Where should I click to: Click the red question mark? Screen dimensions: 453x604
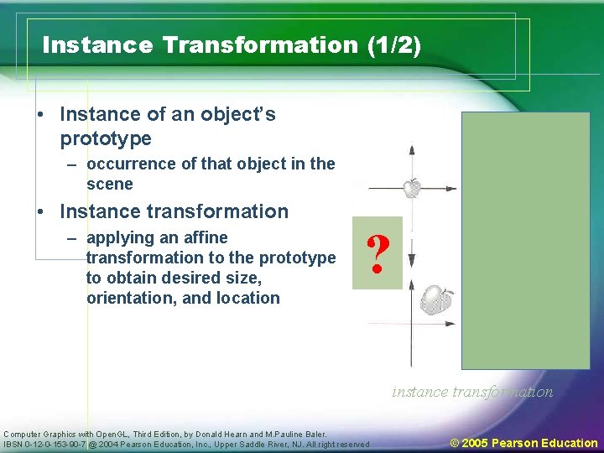point(377,253)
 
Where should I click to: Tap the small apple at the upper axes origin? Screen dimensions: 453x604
point(411,188)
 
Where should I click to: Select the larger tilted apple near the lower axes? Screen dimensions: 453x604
point(435,299)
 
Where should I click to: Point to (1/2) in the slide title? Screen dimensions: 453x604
point(393,44)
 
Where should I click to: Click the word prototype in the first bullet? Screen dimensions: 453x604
point(106,138)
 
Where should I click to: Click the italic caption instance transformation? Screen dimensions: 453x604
point(472,392)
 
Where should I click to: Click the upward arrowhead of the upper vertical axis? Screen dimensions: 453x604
point(411,149)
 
